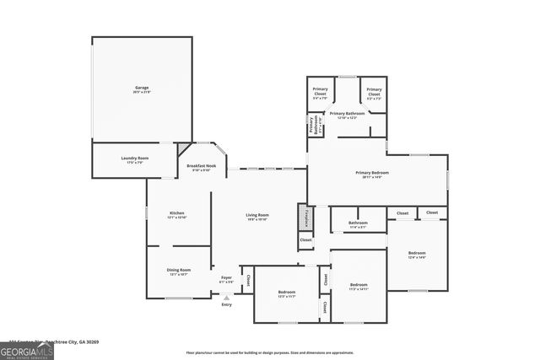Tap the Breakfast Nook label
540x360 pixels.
click(201, 168)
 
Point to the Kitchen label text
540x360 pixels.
click(177, 214)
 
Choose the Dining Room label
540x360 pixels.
click(179, 271)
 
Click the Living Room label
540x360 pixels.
click(256, 217)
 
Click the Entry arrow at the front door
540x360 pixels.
click(226, 297)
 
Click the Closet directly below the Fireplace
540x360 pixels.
click(305, 240)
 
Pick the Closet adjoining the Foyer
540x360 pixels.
click(248, 279)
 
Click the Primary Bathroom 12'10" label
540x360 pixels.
click(347, 115)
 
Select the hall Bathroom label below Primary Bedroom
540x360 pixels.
click(358, 224)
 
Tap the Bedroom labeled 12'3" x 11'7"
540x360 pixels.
click(286, 294)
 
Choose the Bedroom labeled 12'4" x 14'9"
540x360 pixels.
click(417, 255)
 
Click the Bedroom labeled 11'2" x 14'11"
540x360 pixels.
click(359, 286)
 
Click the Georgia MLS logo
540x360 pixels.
click(26, 350)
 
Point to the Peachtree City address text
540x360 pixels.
click(51, 341)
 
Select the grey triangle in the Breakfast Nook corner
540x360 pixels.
click(183, 148)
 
